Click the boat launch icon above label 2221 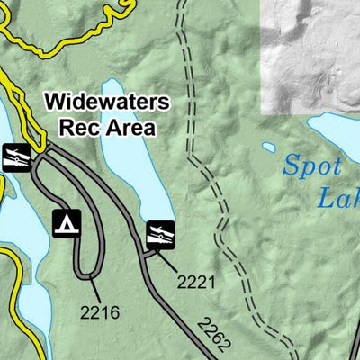pyautogui.click(x=161, y=236)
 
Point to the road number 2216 pyautogui.click(x=100, y=313)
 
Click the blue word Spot pyautogui.click(x=312, y=166)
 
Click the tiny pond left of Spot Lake pyautogui.click(x=268, y=148)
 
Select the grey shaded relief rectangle pyautogui.click(x=310, y=54)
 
